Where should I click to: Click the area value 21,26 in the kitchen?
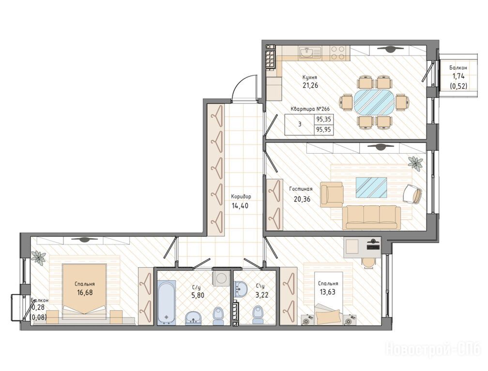310,85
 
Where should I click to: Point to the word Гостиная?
301,189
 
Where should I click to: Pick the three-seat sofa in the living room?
372,217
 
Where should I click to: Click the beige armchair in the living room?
332,194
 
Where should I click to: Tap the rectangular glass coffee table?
371,187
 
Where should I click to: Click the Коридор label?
241,197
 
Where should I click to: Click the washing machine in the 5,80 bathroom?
221,278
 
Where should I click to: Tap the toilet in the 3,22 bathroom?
257,315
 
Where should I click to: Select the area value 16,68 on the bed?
85,292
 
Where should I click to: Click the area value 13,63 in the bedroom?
328,291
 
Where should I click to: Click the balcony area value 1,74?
458,76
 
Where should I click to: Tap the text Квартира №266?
310,109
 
